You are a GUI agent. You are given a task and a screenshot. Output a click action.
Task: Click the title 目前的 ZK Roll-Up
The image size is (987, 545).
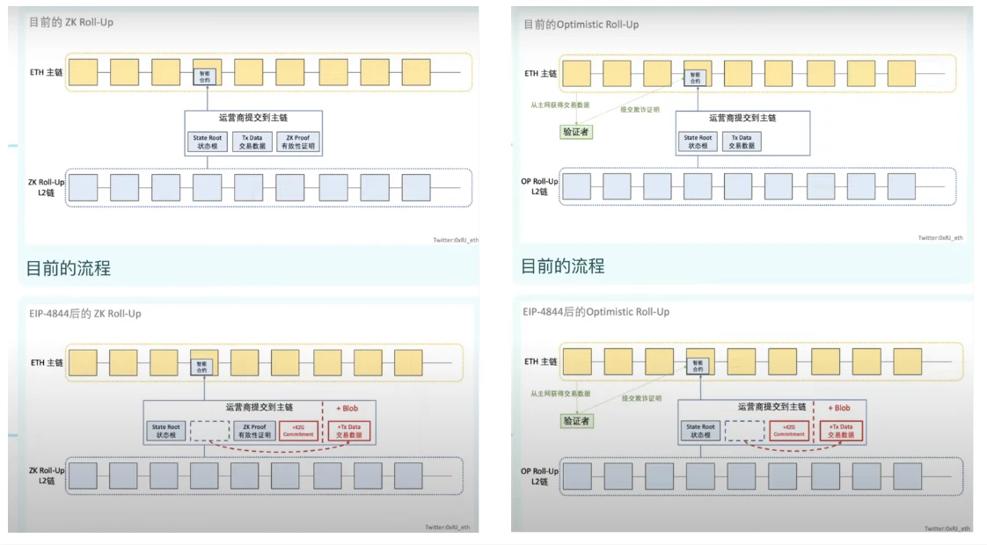72,21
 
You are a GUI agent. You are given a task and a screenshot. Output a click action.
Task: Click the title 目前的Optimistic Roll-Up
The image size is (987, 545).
581,24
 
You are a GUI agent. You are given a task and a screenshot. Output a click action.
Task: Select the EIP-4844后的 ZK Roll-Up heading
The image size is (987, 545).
86,313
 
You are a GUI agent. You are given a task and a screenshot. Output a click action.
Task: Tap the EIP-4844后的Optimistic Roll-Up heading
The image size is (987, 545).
596,312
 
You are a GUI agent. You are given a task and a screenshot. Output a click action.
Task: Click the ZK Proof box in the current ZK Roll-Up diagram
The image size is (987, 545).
296,142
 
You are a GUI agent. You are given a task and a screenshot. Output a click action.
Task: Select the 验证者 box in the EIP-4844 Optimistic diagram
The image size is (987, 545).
576,421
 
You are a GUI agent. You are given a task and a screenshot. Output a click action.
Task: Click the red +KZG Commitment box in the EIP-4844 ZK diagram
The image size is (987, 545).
298,431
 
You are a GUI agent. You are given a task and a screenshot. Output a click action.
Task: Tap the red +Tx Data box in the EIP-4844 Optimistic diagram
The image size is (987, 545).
841,431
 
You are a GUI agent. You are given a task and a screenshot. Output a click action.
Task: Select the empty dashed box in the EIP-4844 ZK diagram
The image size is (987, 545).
208,431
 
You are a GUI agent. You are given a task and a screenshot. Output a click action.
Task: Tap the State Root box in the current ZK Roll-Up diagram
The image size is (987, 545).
208,142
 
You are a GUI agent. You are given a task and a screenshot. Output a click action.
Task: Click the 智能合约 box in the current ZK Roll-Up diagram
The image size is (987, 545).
207,76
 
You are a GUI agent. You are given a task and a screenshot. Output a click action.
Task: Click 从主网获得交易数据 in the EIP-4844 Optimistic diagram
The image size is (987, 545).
560,394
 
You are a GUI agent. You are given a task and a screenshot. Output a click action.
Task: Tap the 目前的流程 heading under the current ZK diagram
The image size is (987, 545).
69,268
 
